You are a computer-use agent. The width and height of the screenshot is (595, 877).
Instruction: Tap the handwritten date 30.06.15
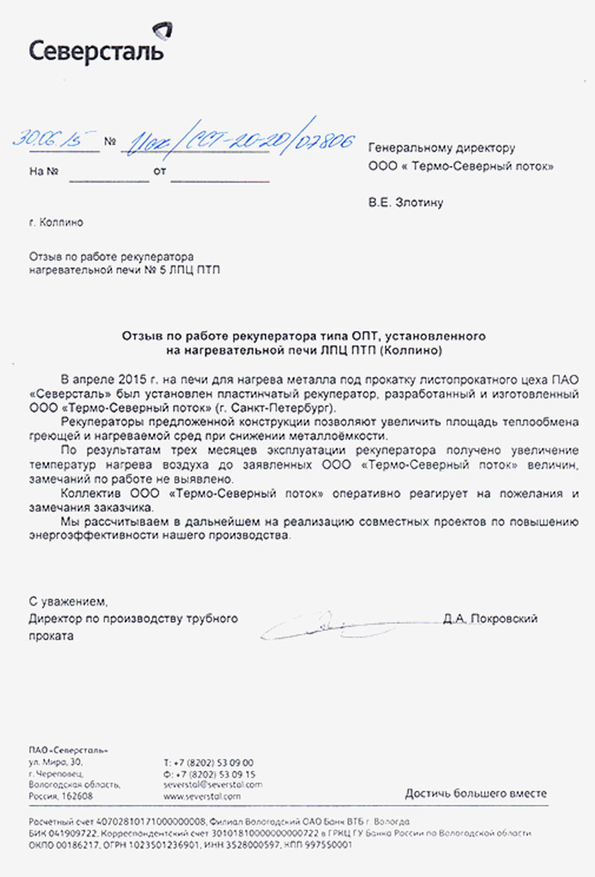pyautogui.click(x=56, y=138)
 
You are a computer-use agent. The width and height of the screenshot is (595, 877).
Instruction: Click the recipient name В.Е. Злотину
pyautogui.click(x=405, y=202)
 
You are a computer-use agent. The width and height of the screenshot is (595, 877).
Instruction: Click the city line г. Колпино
pyautogui.click(x=56, y=222)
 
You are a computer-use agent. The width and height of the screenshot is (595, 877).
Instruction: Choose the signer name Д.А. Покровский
pyautogui.click(x=489, y=618)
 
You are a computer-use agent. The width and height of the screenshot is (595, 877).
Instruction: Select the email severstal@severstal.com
pyautogui.click(x=212, y=785)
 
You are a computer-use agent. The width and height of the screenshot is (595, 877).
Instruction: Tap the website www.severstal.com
pyautogui.click(x=202, y=796)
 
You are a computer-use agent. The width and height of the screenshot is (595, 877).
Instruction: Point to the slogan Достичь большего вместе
pyautogui.click(x=476, y=793)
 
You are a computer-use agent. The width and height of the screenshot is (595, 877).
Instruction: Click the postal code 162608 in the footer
pyautogui.click(x=77, y=796)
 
